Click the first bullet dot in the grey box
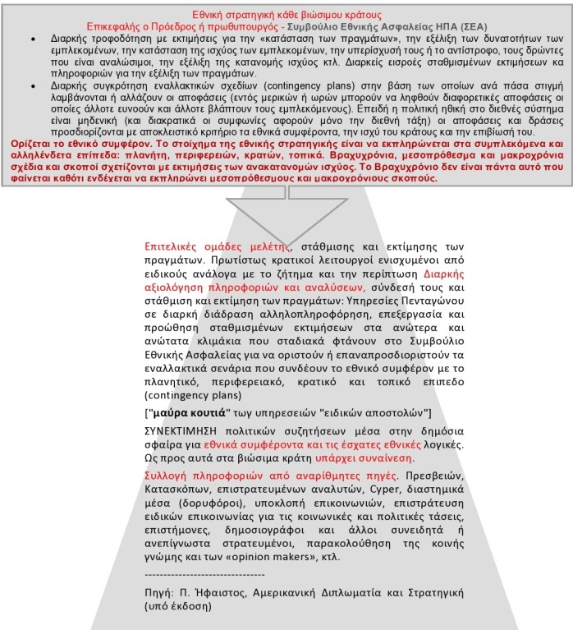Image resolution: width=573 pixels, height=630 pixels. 32,39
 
